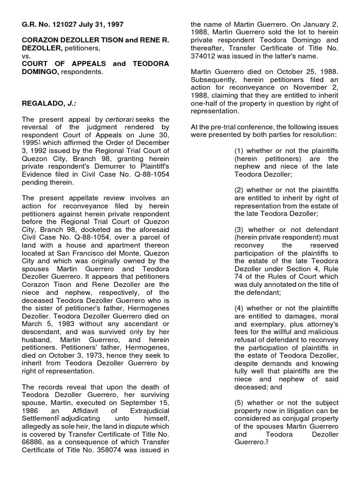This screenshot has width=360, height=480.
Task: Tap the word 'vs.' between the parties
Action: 27,55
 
